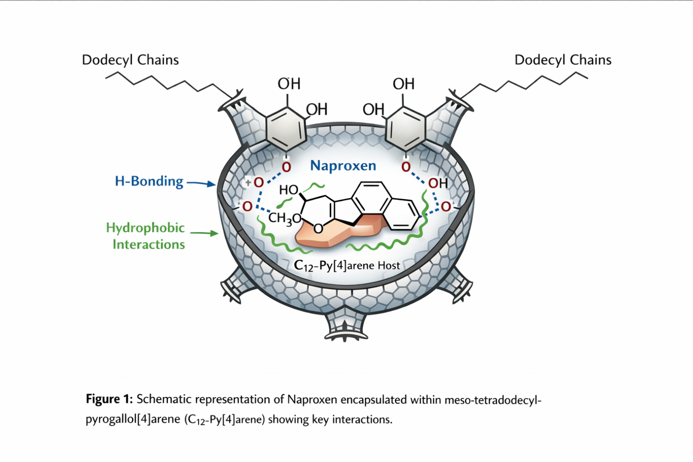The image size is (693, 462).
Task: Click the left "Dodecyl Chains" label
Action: tap(130, 60)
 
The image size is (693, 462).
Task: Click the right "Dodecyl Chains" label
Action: tap(563, 60)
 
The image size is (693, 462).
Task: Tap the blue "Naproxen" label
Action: tap(343, 166)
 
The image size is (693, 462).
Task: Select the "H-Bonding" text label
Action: tap(149, 181)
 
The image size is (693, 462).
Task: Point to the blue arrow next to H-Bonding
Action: tap(201, 183)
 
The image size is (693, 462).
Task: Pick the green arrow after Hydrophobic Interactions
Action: tap(204, 233)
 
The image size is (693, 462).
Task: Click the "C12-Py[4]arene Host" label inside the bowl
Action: tap(347, 266)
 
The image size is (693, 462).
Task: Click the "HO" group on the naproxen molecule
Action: tap(289, 190)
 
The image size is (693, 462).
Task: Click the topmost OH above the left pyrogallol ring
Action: tap(289, 84)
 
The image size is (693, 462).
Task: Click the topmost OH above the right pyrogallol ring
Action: tap(403, 84)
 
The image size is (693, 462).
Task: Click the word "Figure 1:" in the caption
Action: tap(109, 399)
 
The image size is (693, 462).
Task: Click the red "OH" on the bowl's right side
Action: tap(437, 183)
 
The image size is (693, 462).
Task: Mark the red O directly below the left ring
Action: tap(286, 167)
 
